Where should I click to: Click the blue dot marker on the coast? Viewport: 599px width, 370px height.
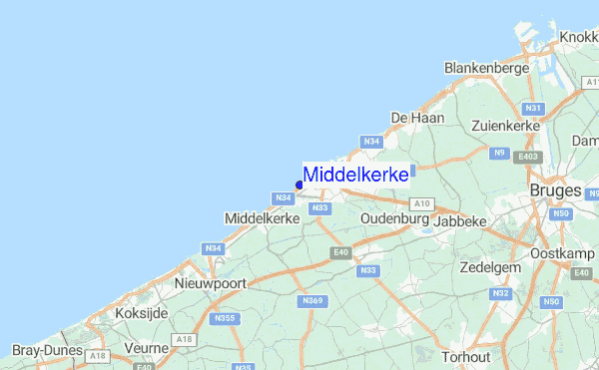[299, 185]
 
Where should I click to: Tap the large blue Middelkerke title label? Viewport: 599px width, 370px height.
[355, 175]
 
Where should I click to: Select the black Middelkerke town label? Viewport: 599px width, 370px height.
[264, 217]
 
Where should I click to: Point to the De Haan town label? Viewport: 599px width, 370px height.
[417, 118]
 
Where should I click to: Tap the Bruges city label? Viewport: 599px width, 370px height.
[556, 189]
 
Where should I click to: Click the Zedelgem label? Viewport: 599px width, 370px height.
[491, 267]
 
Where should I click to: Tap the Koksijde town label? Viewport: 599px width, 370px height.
[141, 312]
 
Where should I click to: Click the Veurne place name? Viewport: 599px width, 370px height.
[146, 348]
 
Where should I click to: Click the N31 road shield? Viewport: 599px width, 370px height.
[533, 108]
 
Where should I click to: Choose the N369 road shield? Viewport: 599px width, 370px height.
[312, 300]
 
